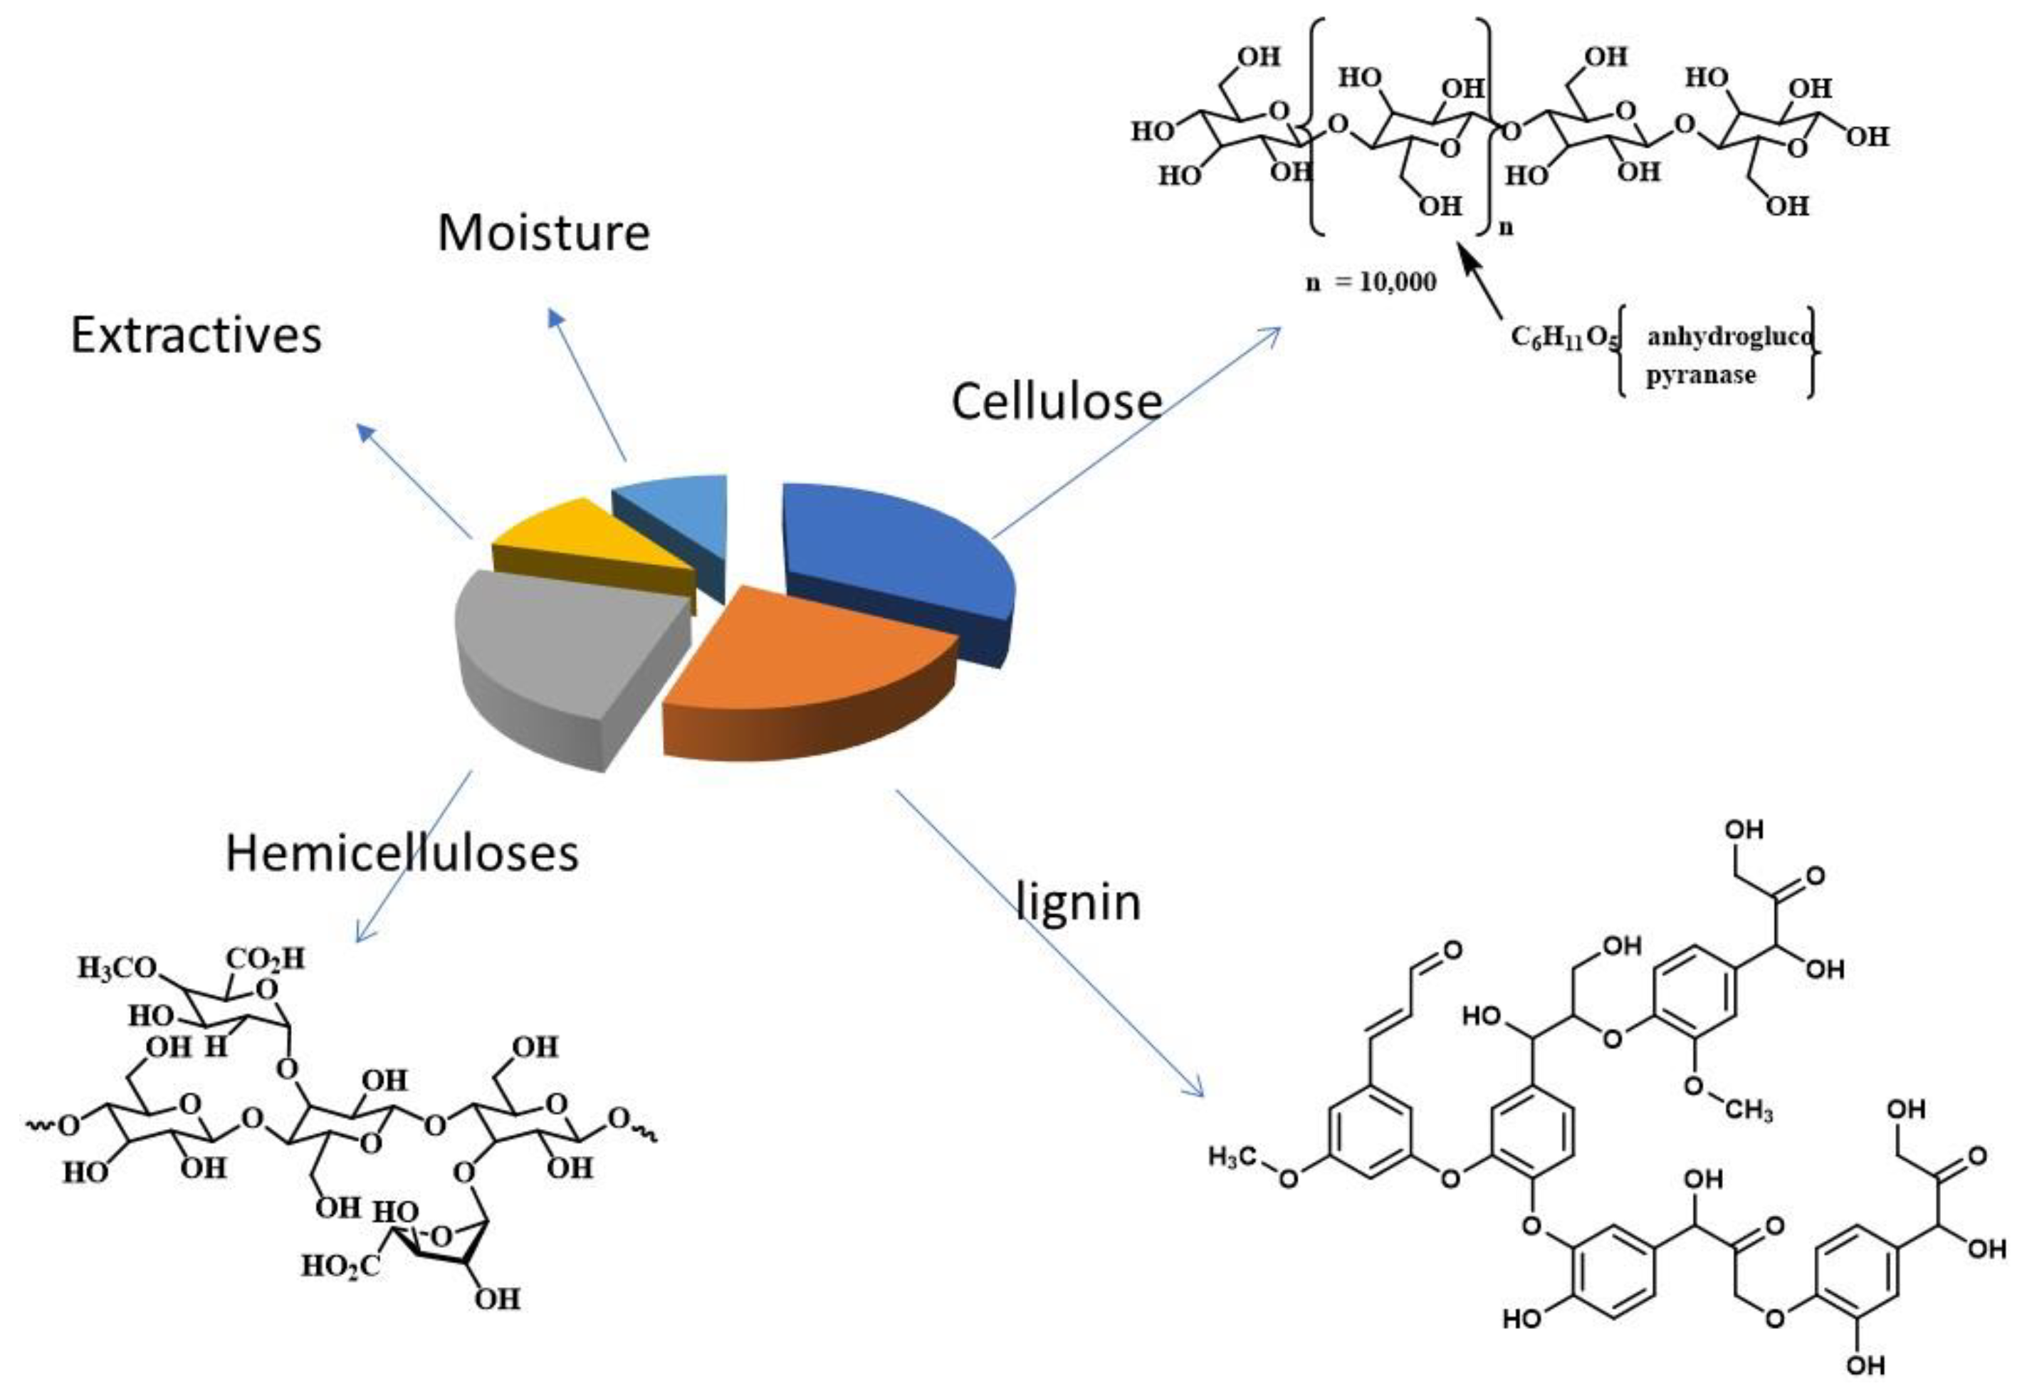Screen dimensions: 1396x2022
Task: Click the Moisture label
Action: (x=543, y=233)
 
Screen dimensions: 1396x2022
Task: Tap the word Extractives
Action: (x=196, y=335)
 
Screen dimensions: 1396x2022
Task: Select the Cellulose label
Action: (x=1056, y=402)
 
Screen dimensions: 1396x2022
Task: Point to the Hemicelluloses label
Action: (x=402, y=853)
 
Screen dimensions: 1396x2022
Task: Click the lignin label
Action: (x=1079, y=902)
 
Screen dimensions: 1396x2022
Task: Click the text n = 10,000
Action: (x=1371, y=282)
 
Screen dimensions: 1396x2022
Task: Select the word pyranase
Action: (x=1700, y=376)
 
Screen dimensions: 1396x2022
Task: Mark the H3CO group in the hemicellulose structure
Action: (x=116, y=968)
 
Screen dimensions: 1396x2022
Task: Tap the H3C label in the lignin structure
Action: (x=1232, y=1158)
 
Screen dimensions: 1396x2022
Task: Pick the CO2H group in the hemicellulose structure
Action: (x=265, y=960)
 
